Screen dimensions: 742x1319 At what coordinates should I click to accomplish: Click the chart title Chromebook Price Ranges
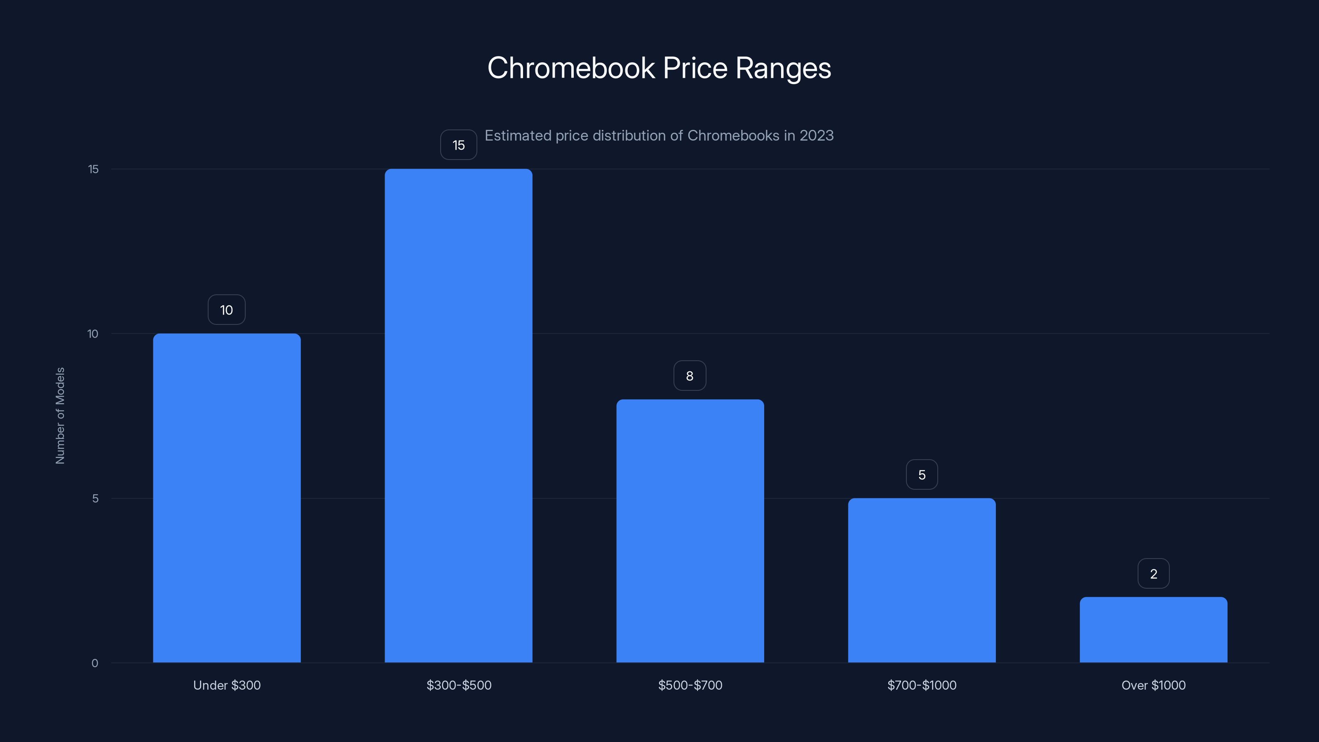coord(659,68)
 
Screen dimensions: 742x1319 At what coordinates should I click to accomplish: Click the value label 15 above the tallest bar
coord(458,145)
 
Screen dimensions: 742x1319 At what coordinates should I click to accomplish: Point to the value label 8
coord(690,376)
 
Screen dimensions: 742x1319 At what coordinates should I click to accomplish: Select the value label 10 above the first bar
coord(226,310)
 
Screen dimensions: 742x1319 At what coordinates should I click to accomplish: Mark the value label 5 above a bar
coord(922,475)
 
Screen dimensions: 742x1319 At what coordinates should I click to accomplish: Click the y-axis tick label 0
coord(95,663)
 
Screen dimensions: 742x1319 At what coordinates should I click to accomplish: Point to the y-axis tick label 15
coord(93,169)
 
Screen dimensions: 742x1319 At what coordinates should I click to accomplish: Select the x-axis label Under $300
coord(227,685)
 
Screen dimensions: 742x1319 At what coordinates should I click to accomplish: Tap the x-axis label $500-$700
coord(690,685)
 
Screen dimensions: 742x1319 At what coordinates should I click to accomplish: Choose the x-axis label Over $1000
coord(1153,685)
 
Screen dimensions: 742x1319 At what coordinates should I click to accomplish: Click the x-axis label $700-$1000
coord(922,685)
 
